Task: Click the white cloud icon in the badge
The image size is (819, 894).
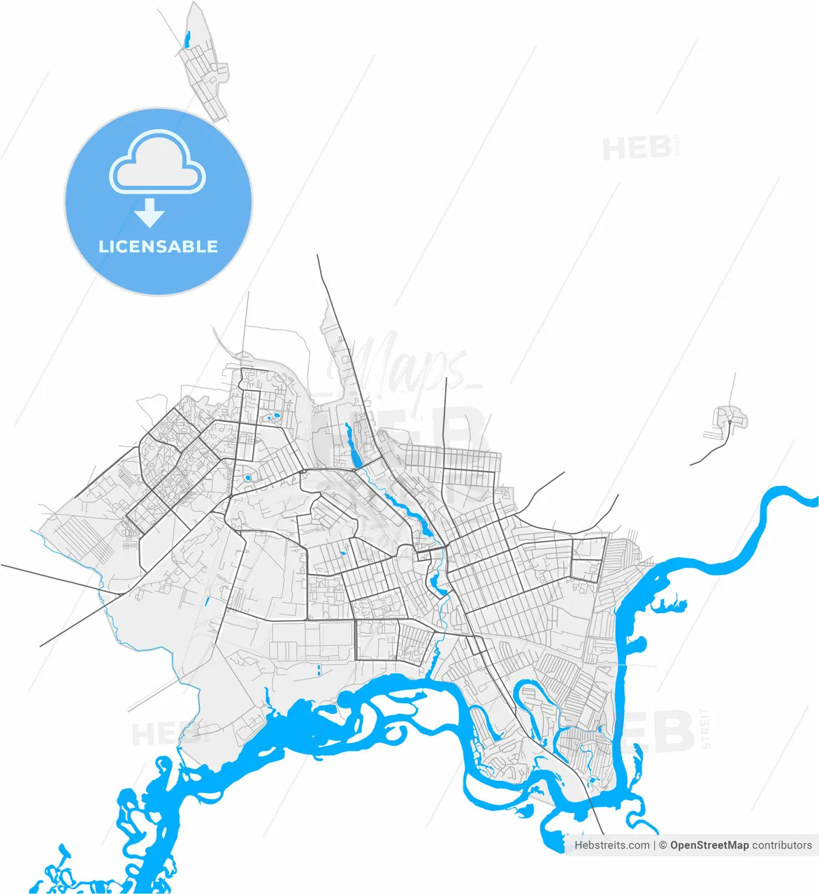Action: click(x=157, y=165)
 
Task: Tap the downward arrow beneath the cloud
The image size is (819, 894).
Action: click(x=149, y=212)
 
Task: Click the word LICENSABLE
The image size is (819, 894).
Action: click(x=158, y=247)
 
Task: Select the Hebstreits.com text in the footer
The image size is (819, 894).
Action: click(x=611, y=845)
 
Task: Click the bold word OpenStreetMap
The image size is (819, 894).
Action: click(x=709, y=845)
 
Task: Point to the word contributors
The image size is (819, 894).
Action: click(x=782, y=845)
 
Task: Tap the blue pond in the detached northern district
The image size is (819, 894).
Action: click(x=187, y=39)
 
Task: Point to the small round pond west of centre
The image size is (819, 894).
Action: click(x=247, y=478)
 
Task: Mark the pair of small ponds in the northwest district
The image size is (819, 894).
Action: click(x=271, y=418)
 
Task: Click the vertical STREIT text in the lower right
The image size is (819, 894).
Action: click(x=705, y=728)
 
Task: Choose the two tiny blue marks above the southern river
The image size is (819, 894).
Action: click(x=319, y=670)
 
